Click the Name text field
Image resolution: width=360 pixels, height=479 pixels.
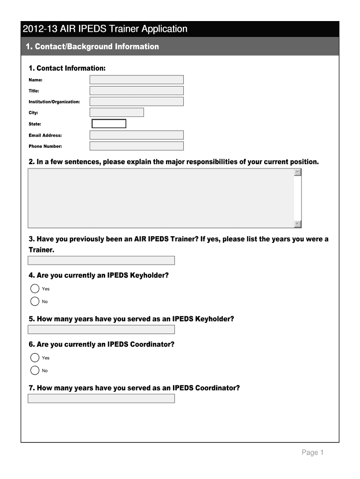point(137,80)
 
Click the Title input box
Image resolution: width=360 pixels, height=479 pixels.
point(137,91)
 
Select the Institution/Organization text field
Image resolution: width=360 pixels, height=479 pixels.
point(137,102)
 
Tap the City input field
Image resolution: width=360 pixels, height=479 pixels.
point(116,112)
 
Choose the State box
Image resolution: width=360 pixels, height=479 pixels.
point(109,123)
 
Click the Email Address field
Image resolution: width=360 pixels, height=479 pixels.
point(137,135)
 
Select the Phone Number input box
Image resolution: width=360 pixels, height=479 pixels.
point(137,146)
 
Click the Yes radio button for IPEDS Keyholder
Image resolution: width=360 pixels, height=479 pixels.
point(35,289)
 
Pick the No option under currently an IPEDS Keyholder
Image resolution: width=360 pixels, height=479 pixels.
point(35,301)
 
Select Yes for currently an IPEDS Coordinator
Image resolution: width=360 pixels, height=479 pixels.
point(35,358)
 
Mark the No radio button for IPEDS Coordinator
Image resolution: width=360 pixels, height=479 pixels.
point(35,370)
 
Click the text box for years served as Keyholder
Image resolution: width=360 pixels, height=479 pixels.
point(101,329)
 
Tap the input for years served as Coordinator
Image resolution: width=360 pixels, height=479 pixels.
point(101,399)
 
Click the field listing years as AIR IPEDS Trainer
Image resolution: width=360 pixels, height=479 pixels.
point(101,261)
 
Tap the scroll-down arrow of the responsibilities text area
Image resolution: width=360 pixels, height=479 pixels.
point(298,224)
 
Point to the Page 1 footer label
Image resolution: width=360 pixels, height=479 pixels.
point(313,452)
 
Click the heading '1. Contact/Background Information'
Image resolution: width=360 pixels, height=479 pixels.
point(92,47)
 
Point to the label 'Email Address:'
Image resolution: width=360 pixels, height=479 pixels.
point(45,135)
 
